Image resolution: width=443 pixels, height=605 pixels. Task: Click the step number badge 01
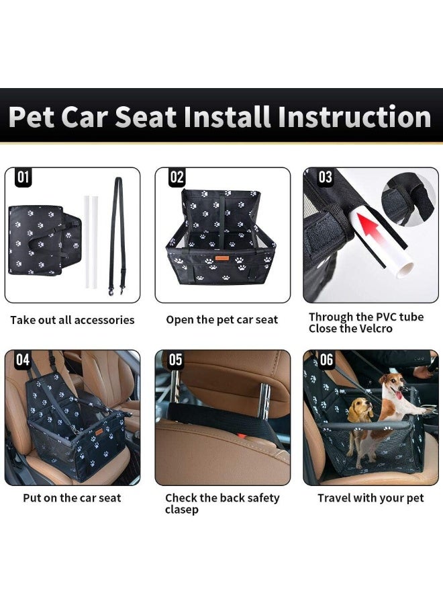[x=23, y=177]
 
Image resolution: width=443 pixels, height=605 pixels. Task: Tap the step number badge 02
[x=177, y=177]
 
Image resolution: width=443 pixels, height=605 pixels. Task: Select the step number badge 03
[x=326, y=177]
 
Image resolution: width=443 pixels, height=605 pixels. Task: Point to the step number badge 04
[x=23, y=360]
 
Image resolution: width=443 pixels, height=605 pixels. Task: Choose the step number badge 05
[x=175, y=360]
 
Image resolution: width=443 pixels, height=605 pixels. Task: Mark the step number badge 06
[x=326, y=360]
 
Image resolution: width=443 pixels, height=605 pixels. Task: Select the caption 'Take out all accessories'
[x=72, y=320]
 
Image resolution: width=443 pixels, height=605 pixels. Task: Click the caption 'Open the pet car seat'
[x=222, y=320]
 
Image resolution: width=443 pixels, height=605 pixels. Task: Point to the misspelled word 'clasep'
[x=182, y=510]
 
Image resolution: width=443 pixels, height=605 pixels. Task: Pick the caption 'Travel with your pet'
[x=371, y=498]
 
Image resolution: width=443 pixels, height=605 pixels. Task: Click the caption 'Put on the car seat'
[x=72, y=498]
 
